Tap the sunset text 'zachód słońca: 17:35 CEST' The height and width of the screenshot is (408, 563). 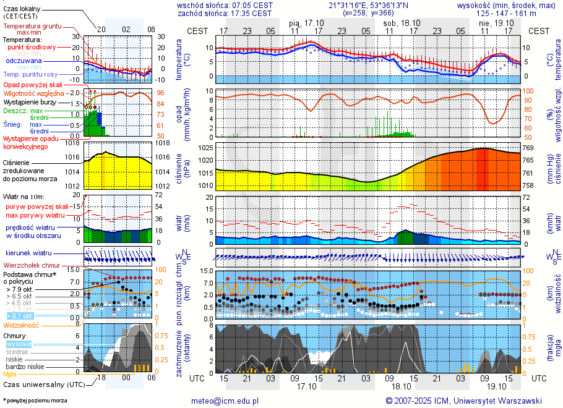pos(225,13)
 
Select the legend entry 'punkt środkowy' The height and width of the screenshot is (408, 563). pos(32,47)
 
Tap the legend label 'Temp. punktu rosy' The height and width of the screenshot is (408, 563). pos(29,74)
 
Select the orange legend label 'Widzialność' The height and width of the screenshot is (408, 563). pos(22,325)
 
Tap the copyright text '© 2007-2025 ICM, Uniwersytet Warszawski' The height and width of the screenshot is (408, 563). pos(463,401)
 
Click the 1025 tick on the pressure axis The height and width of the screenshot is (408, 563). pos(205,148)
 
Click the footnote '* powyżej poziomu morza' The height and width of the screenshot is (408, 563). pos(35,401)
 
